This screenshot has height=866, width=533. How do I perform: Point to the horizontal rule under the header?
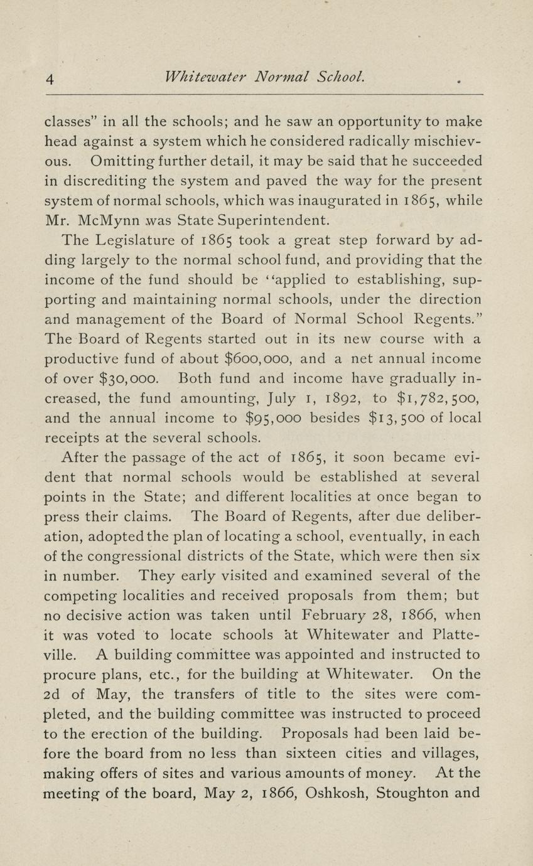tap(264, 95)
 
